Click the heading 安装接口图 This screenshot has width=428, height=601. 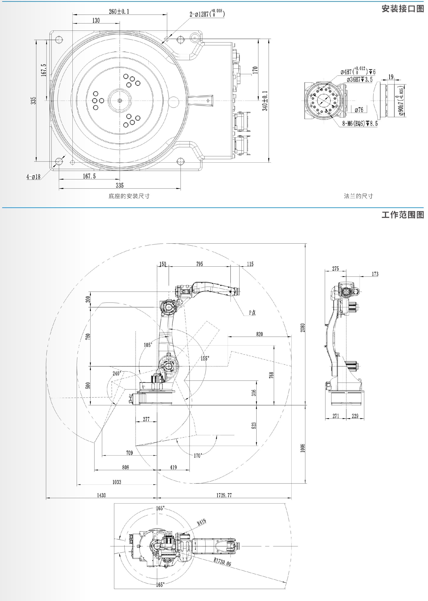[402, 9]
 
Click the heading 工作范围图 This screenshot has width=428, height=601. [402, 215]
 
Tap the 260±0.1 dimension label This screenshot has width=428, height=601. [119, 12]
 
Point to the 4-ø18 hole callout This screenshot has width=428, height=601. [33, 177]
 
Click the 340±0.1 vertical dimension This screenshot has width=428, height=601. [265, 101]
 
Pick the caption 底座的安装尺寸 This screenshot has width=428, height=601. [129, 196]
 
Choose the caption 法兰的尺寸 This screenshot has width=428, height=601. [358, 196]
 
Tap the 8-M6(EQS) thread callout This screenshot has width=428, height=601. [360, 123]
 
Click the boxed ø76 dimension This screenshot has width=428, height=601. [359, 110]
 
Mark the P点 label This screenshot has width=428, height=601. [252, 313]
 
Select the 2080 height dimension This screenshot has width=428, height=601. [302, 327]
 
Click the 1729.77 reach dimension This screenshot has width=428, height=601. [224, 495]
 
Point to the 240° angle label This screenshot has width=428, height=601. [117, 373]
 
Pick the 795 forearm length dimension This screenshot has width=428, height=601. [200, 264]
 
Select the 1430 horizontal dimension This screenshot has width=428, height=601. [101, 495]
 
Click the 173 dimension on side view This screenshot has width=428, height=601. [375, 274]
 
